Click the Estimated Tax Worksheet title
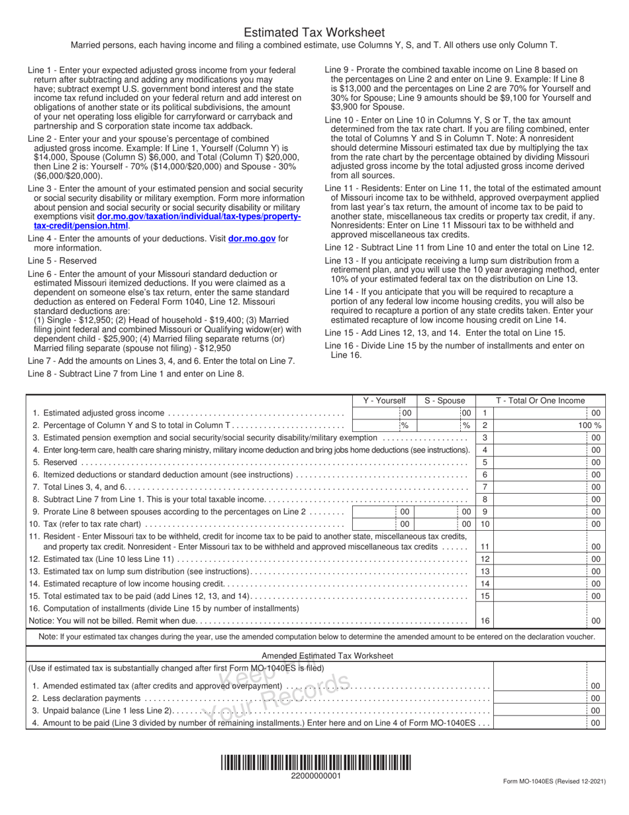(314, 32)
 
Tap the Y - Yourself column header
(385, 400)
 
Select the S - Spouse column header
(445, 400)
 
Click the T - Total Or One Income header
(541, 400)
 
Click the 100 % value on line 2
(589, 425)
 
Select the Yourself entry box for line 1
(376, 413)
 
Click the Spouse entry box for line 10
(435, 524)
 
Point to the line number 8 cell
(485, 500)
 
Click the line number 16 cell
(485, 621)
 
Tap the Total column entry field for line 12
(540, 559)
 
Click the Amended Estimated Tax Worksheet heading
(327, 655)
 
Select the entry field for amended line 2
(540, 698)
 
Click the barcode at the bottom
(314, 762)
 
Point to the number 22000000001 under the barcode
(315, 777)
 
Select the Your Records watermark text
(278, 699)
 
